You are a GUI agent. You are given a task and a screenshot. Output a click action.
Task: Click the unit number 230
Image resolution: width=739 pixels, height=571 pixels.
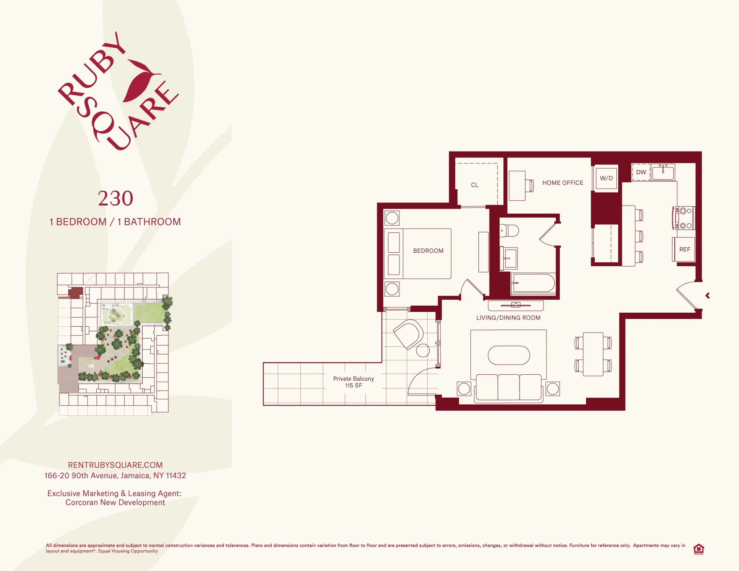(x=115, y=198)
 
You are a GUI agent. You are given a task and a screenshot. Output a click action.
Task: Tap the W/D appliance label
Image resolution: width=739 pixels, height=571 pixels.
(x=606, y=178)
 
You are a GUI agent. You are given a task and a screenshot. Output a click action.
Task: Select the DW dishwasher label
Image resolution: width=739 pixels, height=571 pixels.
(x=641, y=172)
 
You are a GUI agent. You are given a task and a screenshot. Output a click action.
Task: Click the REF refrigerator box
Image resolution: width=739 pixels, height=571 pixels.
(x=684, y=249)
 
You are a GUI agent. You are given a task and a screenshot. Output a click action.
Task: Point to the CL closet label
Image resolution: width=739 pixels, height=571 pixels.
(x=475, y=185)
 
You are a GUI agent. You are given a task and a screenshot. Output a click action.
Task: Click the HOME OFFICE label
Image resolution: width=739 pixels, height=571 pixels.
(x=563, y=183)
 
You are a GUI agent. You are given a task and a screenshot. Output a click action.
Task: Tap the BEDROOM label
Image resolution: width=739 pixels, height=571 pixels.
(x=428, y=251)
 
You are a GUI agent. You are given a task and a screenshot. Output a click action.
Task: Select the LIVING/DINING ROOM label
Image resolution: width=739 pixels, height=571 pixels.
(x=508, y=318)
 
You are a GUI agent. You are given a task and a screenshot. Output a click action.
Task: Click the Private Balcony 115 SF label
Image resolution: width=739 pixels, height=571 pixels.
(x=354, y=382)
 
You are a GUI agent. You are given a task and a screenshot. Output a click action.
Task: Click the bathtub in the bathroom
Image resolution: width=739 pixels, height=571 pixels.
(x=534, y=283)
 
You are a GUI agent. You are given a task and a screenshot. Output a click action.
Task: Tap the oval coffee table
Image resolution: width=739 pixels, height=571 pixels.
(x=509, y=355)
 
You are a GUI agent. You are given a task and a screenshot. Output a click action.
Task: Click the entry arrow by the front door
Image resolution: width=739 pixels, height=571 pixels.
(x=708, y=296)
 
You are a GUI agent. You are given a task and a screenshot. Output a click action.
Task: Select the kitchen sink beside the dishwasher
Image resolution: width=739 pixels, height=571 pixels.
(x=663, y=173)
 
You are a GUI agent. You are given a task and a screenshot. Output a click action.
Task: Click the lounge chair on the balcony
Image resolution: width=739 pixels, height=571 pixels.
(x=408, y=334)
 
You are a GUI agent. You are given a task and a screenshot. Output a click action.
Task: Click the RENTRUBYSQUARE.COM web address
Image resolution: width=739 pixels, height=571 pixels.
(x=115, y=465)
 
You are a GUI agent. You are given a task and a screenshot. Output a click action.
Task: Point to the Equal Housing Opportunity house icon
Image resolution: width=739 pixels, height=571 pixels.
(x=698, y=549)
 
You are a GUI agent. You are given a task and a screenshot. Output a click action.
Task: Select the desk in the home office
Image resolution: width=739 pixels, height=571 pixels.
(x=517, y=186)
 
